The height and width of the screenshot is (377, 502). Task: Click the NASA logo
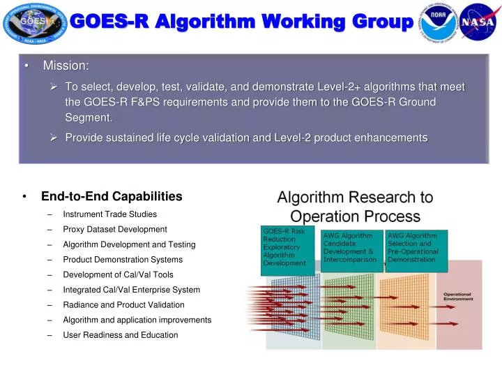click(x=478, y=22)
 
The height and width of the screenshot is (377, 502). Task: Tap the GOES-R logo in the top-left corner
click(x=32, y=24)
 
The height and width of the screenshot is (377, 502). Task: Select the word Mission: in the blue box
click(x=66, y=66)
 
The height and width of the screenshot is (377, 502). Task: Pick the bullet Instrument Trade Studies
click(x=109, y=214)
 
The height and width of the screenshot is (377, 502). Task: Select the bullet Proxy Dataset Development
click(x=114, y=229)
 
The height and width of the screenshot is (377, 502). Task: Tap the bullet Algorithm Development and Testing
click(x=129, y=244)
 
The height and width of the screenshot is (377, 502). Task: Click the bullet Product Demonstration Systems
click(x=123, y=260)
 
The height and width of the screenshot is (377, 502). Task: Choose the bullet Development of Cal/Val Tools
click(x=118, y=274)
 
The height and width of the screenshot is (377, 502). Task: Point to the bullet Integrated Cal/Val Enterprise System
click(x=131, y=290)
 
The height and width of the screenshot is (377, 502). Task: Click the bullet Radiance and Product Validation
click(x=123, y=304)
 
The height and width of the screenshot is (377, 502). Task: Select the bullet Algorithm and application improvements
click(x=137, y=320)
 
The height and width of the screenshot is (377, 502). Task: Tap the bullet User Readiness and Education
click(x=120, y=335)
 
